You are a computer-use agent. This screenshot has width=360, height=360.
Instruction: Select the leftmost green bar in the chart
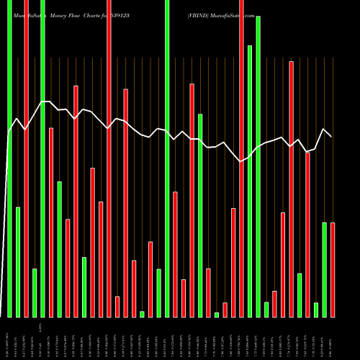click(9, 158)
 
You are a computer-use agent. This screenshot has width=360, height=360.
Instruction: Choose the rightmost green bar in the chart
click(324, 270)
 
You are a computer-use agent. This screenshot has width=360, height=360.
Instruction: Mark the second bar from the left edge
click(18, 262)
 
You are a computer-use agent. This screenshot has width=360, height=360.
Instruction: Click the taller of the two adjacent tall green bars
click(258, 166)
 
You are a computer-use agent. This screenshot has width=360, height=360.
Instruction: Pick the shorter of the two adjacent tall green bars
click(250, 181)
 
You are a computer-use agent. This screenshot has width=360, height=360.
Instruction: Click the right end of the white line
click(331, 136)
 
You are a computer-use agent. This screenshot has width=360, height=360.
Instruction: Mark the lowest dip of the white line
click(241, 162)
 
